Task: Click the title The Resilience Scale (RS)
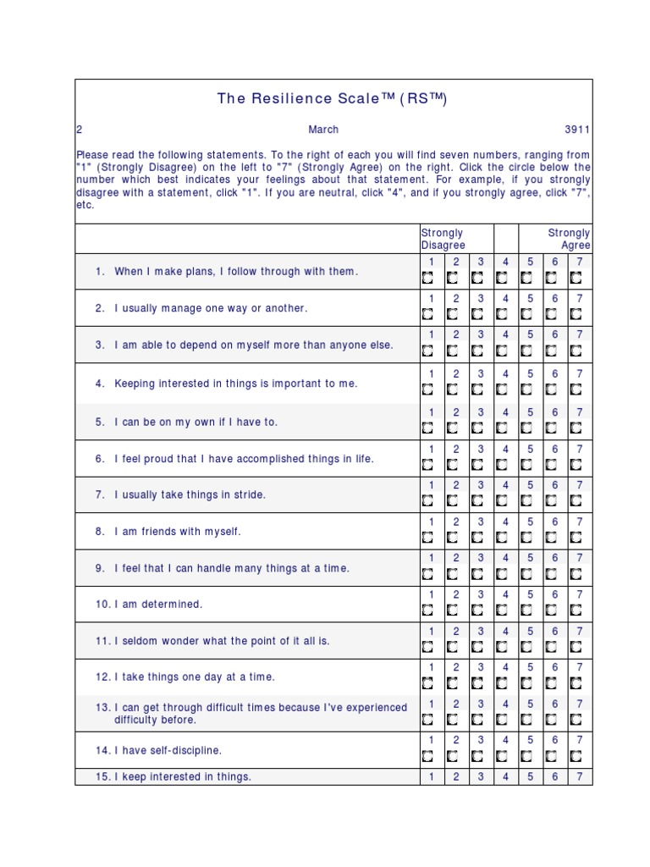click(331, 98)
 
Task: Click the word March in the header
click(323, 130)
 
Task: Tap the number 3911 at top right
click(577, 130)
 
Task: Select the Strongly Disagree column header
click(443, 239)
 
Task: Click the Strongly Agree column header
click(569, 239)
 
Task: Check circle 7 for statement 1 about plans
click(576, 278)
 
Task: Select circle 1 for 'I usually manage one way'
click(428, 314)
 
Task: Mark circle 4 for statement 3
click(503, 351)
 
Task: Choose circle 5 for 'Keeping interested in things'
click(527, 389)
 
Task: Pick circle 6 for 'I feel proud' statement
click(552, 465)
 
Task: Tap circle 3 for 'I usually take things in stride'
click(477, 501)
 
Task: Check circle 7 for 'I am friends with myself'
click(576, 538)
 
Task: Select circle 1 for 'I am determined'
click(428, 610)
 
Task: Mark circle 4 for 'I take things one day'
click(503, 683)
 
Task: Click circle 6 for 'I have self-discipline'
click(552, 756)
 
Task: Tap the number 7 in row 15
click(580, 776)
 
